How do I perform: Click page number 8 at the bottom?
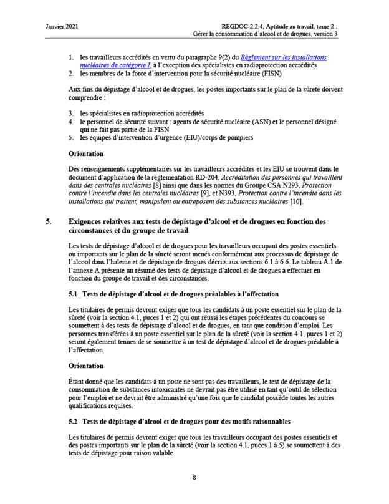point(194,478)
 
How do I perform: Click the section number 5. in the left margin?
point(50,221)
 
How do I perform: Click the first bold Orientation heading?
point(86,153)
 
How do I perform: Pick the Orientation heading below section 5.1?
point(86,365)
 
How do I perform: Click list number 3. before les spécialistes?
point(71,113)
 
